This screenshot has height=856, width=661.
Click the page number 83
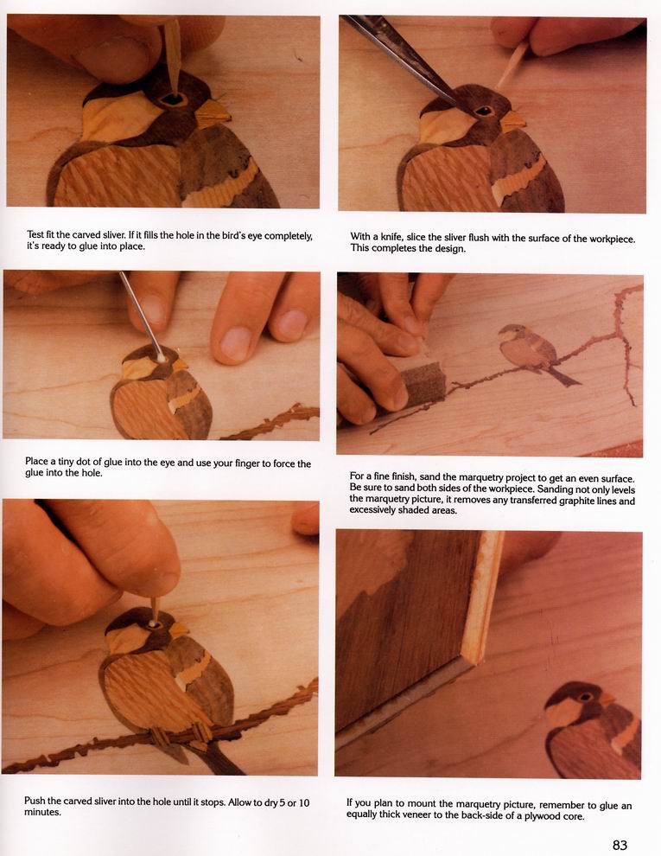(x=620, y=845)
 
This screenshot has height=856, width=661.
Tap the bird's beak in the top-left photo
(x=213, y=112)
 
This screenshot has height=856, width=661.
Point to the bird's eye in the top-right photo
(x=484, y=112)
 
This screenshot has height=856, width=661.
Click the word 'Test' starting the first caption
(x=35, y=234)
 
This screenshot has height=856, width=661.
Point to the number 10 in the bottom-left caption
(x=304, y=802)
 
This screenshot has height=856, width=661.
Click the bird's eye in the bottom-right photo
(x=585, y=697)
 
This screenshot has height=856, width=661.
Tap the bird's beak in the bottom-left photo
(x=180, y=630)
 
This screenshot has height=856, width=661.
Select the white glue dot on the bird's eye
(x=162, y=358)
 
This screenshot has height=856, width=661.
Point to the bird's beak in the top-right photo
(x=512, y=121)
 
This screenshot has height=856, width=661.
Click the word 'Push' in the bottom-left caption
(x=34, y=801)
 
